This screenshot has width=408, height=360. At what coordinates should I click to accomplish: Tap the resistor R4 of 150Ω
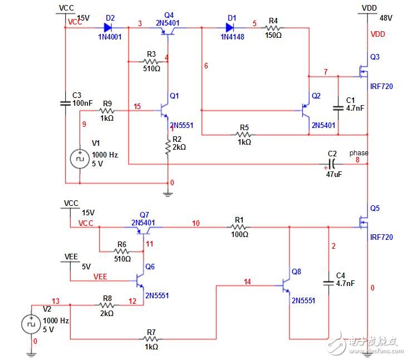[x=273, y=26]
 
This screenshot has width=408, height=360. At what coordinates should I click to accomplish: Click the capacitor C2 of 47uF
[x=332, y=164]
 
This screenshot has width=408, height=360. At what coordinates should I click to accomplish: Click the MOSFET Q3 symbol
[x=363, y=73]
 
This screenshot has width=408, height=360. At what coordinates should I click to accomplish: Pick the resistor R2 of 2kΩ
[x=168, y=147]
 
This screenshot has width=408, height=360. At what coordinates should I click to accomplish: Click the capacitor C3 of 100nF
[x=65, y=103]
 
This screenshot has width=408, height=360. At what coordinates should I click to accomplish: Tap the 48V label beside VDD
[x=386, y=17]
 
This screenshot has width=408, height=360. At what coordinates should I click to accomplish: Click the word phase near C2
[x=358, y=153]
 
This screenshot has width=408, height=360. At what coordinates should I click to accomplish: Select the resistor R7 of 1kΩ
[x=151, y=339]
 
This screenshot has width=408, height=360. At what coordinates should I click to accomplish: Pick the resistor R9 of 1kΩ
[x=107, y=110]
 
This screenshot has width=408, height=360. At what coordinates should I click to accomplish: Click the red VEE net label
[x=100, y=275]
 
